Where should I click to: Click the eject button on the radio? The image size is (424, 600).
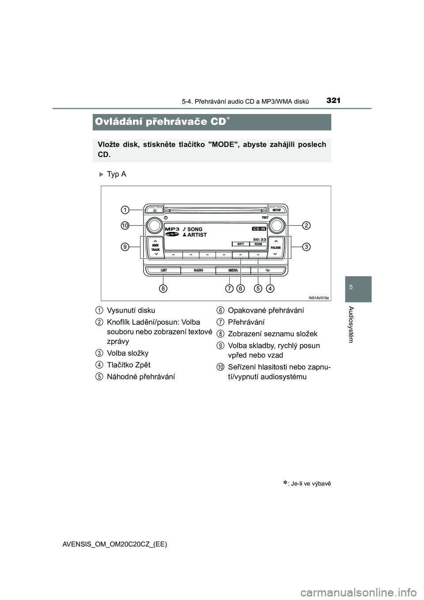(x=154, y=210)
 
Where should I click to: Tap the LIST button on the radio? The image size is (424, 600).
(x=163, y=270)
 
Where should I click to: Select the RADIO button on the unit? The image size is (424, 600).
(x=198, y=270)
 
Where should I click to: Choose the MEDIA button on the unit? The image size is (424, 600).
(x=233, y=270)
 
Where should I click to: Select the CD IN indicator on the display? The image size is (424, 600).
(x=259, y=229)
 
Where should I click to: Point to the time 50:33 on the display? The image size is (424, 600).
(x=260, y=239)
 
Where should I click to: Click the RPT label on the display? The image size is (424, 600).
(x=241, y=244)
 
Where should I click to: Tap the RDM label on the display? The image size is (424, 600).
(x=258, y=244)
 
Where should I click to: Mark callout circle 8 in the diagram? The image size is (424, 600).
(x=163, y=289)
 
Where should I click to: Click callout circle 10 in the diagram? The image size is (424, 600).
(x=125, y=225)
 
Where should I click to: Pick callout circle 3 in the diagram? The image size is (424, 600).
(x=307, y=247)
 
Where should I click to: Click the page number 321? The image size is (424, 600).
(x=333, y=100)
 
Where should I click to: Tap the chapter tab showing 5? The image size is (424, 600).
(x=351, y=288)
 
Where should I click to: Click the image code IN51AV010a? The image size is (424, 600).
(x=318, y=298)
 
